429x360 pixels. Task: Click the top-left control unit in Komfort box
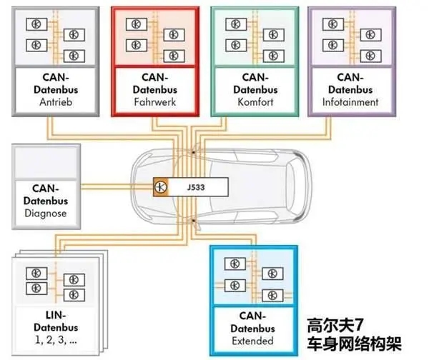tap(231, 24)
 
